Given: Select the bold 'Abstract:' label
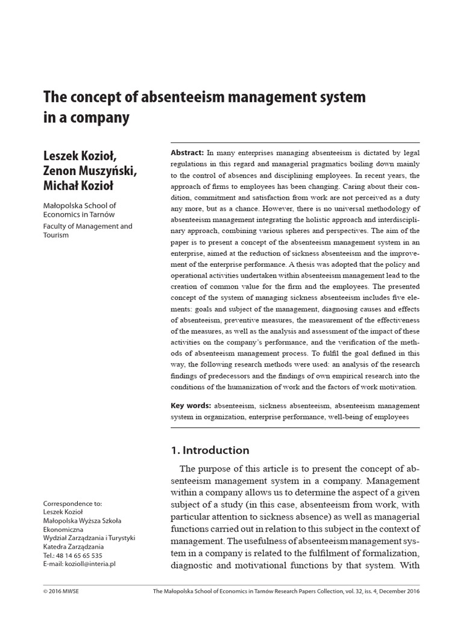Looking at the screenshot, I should click(187, 154).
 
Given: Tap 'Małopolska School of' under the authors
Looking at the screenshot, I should click(81, 206).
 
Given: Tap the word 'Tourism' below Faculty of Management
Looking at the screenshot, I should click(57, 235).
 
